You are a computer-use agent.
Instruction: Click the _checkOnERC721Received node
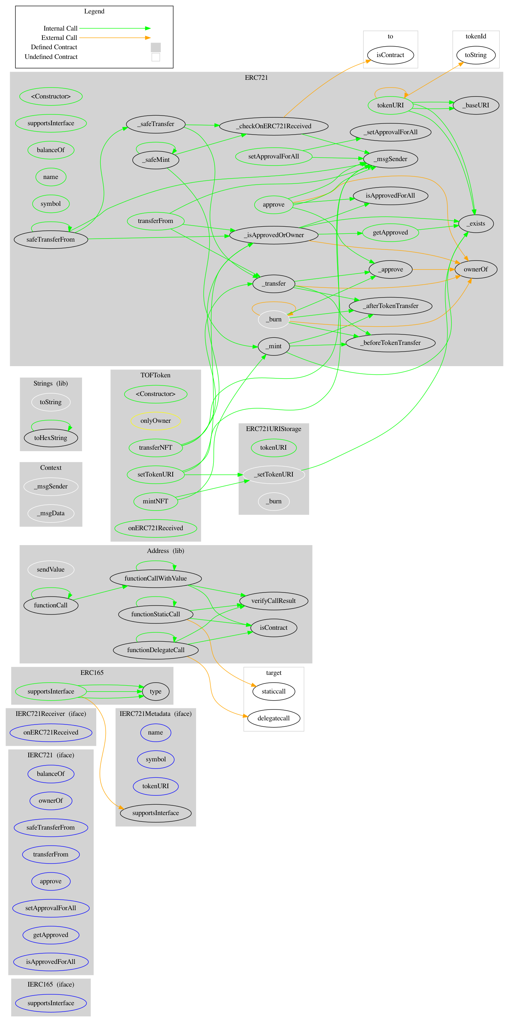tap(273, 126)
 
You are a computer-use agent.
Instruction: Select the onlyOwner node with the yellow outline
tap(155, 421)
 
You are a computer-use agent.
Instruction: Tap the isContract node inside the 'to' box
tap(390, 55)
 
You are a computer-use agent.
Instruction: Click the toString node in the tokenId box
tap(475, 55)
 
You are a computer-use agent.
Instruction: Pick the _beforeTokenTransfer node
tap(390, 343)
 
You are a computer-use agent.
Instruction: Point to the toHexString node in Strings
tap(51, 438)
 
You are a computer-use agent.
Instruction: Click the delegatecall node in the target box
tap(273, 718)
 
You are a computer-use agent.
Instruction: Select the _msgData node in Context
tap(51, 513)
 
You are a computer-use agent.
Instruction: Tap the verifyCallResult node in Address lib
tap(273, 601)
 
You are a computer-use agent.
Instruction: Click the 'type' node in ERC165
tap(155, 691)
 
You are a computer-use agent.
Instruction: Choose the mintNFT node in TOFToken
tap(155, 501)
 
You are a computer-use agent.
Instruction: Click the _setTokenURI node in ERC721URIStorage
tap(273, 474)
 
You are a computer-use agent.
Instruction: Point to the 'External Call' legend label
tap(59, 38)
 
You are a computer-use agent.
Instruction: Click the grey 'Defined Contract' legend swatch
tap(155, 47)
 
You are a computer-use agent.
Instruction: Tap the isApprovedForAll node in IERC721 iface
tap(51, 961)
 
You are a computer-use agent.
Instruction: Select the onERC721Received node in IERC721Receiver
tap(51, 732)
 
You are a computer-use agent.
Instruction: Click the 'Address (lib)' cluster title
tap(166, 551)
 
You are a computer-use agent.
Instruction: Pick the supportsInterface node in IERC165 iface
tap(51, 1003)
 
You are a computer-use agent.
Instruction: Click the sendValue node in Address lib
tap(51, 569)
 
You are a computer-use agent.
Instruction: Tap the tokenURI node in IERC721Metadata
tap(155, 786)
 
